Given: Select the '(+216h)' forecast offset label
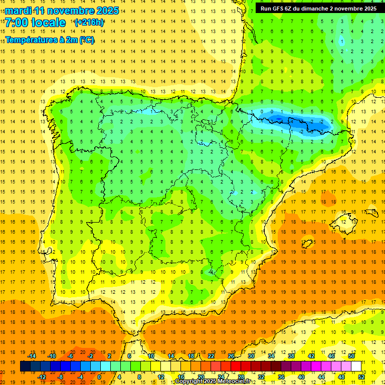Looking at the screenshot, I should coord(89,23).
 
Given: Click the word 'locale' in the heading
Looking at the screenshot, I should coord(50,23).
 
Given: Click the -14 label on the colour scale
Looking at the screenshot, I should coord(32,356).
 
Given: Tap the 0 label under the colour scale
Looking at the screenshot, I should coord(99,377).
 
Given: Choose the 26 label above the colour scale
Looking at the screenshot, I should coord(231,356).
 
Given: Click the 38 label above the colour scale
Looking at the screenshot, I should coord(291,356).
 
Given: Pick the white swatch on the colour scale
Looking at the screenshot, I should coord(356,366).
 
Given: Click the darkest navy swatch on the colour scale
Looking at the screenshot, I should coord(25,366).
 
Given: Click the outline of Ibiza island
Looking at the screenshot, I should coord(307,244).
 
